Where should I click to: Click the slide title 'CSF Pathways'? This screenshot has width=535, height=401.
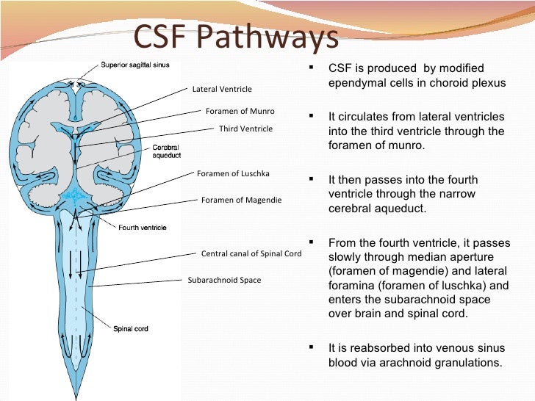(234, 39)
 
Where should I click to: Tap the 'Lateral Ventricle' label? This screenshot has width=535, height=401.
(221, 90)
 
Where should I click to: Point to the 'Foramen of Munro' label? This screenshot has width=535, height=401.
(240, 112)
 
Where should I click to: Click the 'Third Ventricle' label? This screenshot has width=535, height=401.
(245, 129)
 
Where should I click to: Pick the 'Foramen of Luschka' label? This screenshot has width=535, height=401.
(233, 174)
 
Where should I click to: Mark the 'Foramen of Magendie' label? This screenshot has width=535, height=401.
(241, 200)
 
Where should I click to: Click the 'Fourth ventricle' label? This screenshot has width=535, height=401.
(143, 228)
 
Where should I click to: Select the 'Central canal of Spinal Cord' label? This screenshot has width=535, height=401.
(251, 253)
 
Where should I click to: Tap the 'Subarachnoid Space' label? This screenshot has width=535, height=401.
(224, 280)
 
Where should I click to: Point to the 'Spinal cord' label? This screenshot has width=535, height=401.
(130, 328)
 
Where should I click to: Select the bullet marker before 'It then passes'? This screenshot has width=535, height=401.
(312, 178)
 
